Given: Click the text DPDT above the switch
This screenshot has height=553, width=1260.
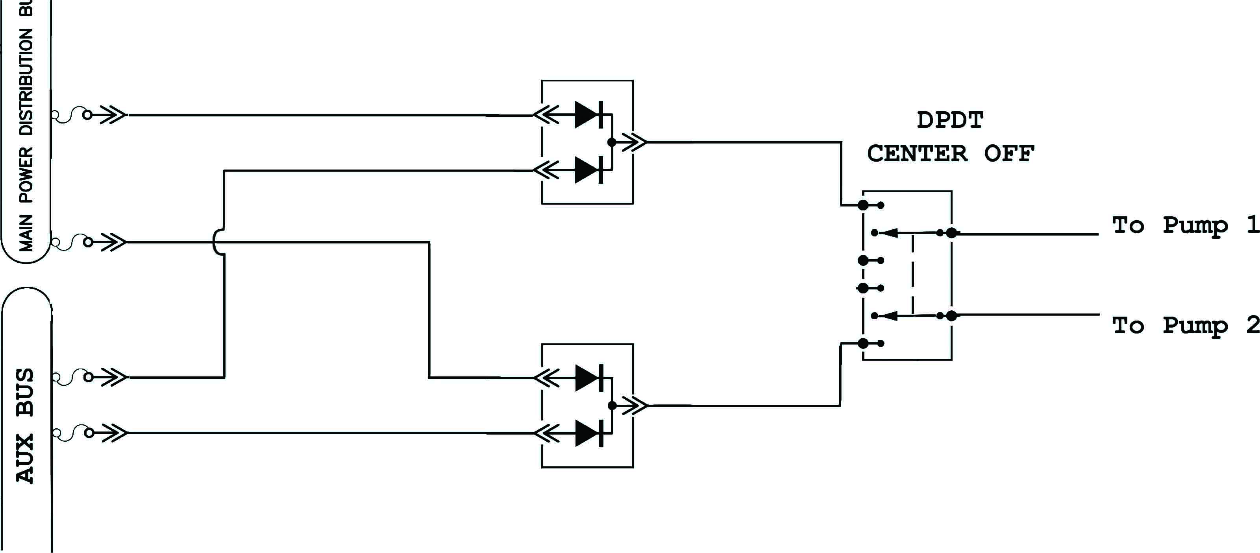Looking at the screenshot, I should click(x=950, y=120).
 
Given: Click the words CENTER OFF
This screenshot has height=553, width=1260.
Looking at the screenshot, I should click(x=950, y=153).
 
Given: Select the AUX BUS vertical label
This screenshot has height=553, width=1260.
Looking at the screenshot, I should click(x=26, y=426).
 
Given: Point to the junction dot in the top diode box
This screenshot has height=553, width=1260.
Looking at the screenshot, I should click(x=611, y=143).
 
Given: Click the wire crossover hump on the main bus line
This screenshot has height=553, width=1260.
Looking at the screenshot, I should click(x=218, y=242).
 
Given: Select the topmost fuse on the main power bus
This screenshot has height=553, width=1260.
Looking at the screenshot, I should click(x=71, y=115).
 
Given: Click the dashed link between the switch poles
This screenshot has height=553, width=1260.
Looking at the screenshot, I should click(x=913, y=274).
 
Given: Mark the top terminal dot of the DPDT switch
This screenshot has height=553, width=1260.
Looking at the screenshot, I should click(x=863, y=205).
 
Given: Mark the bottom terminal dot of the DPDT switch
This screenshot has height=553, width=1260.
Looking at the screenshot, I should click(x=863, y=343).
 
